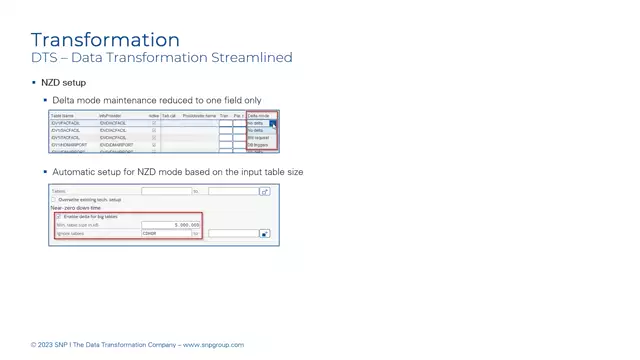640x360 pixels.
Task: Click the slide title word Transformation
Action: tap(105, 40)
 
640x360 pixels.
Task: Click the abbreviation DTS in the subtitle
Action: tap(43, 58)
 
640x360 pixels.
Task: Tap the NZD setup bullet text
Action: tap(63, 83)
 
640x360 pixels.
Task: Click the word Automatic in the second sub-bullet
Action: tap(76, 172)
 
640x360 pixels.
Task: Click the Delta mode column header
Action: tap(258, 116)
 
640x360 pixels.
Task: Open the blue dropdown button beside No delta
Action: tap(272, 124)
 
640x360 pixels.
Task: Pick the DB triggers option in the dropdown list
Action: tap(257, 145)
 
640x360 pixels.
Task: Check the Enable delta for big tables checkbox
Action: tap(58, 216)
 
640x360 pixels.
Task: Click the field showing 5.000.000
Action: tap(171, 225)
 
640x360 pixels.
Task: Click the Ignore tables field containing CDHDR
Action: tap(165, 234)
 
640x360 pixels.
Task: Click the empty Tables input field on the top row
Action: tap(165, 191)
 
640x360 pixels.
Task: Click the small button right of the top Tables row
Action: tap(264, 191)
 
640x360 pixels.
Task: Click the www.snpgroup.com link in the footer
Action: tap(213, 345)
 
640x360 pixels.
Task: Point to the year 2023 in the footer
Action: tap(46, 345)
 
